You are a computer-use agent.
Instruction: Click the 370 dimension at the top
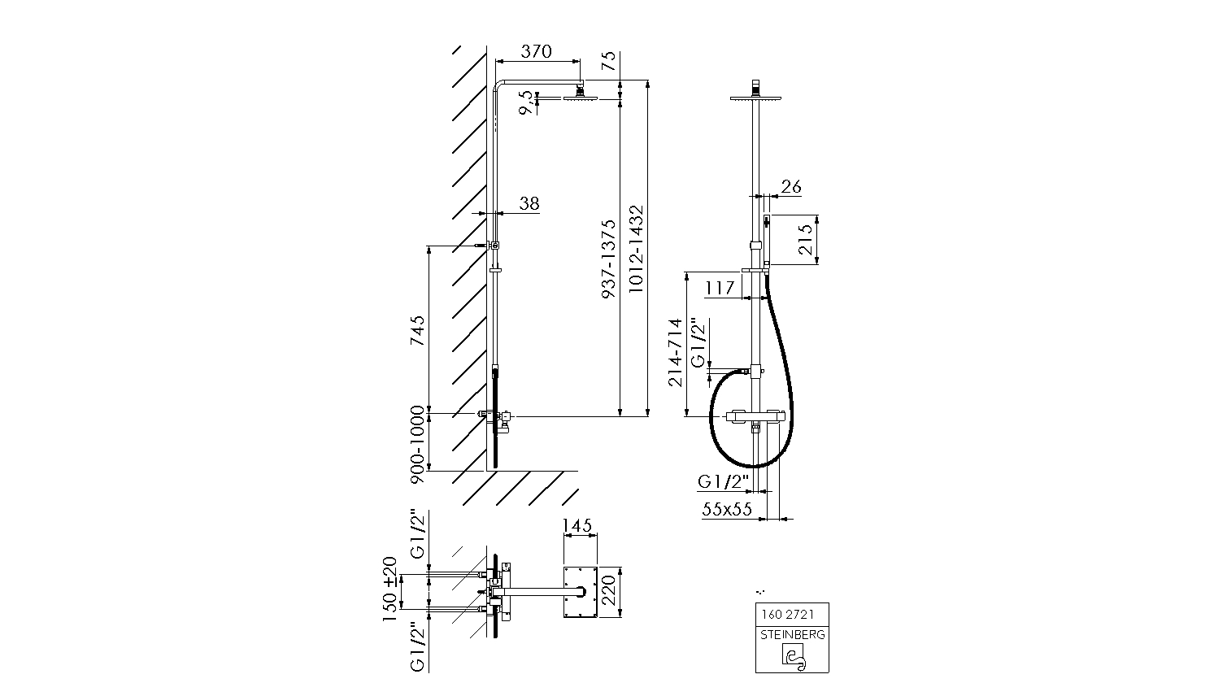pos(536,51)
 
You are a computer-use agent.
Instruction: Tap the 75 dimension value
pos(608,61)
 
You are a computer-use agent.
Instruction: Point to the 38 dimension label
pos(529,203)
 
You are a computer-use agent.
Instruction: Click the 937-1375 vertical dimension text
pos(609,259)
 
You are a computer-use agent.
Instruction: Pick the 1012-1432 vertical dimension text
pos(636,249)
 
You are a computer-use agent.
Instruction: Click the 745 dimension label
pos(417,331)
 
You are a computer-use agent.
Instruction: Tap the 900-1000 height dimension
pos(417,445)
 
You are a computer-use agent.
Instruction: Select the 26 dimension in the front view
pos(791,186)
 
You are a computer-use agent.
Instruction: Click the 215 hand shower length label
pos(806,240)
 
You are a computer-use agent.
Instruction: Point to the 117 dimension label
pos(720,287)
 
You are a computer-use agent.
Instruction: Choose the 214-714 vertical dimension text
pos(675,352)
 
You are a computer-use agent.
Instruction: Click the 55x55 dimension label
pos(727,510)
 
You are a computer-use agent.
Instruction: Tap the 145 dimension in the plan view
pos(577,525)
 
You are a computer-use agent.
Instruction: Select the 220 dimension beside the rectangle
pos(610,592)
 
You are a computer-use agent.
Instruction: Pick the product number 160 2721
pos(788,615)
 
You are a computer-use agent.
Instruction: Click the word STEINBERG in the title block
pos(792,635)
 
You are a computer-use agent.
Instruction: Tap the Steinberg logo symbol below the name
pos(793,655)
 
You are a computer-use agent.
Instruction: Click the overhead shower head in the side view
pos(581,96)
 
